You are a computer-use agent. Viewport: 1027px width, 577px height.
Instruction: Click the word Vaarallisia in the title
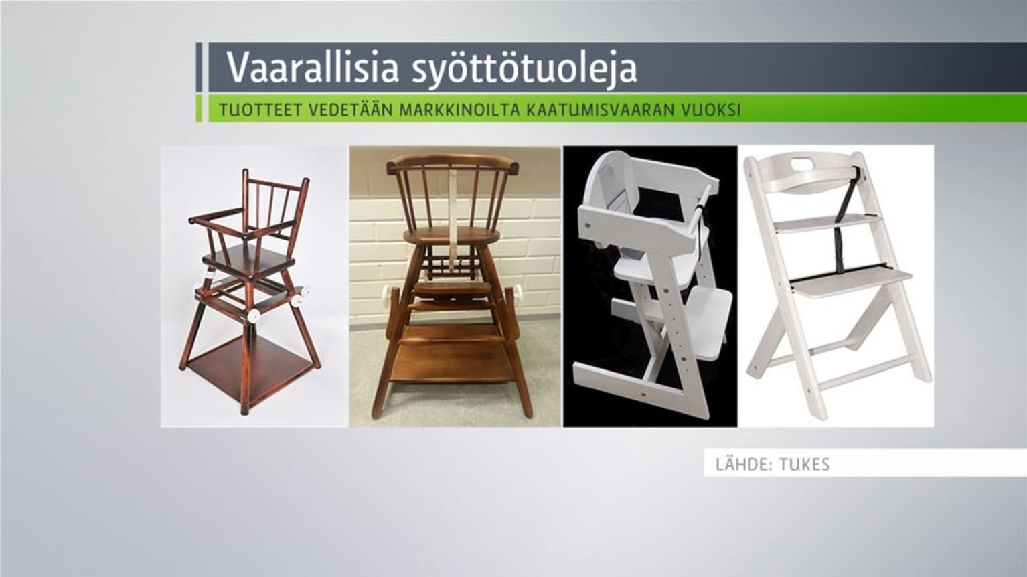312,67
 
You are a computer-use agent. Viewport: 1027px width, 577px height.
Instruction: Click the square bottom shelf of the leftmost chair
248,362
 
